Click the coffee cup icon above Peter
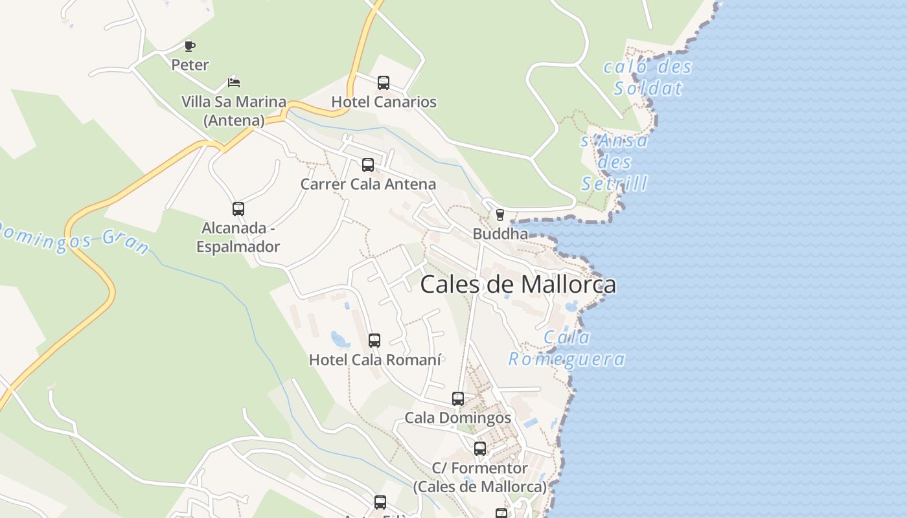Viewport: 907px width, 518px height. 189,46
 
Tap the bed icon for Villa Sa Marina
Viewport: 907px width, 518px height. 234,83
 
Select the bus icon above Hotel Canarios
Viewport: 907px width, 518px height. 384,83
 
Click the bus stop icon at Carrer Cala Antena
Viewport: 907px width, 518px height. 368,165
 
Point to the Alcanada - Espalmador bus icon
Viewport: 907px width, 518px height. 238,209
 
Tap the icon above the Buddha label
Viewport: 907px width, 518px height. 499,215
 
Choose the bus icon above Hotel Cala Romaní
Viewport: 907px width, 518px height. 374,341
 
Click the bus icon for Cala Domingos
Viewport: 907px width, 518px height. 458,399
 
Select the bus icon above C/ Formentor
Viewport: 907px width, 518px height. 480,449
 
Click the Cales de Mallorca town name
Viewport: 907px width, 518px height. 518,285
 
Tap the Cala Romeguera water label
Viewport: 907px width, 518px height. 567,348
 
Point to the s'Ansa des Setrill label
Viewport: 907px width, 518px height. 614,162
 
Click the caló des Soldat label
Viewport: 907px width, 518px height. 648,77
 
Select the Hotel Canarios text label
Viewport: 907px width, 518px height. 384,102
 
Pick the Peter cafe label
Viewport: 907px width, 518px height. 190,65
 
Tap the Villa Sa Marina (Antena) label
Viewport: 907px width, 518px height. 234,111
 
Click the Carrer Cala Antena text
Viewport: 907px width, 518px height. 368,185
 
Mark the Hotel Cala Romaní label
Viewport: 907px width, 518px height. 375,360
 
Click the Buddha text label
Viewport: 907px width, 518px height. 500,234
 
